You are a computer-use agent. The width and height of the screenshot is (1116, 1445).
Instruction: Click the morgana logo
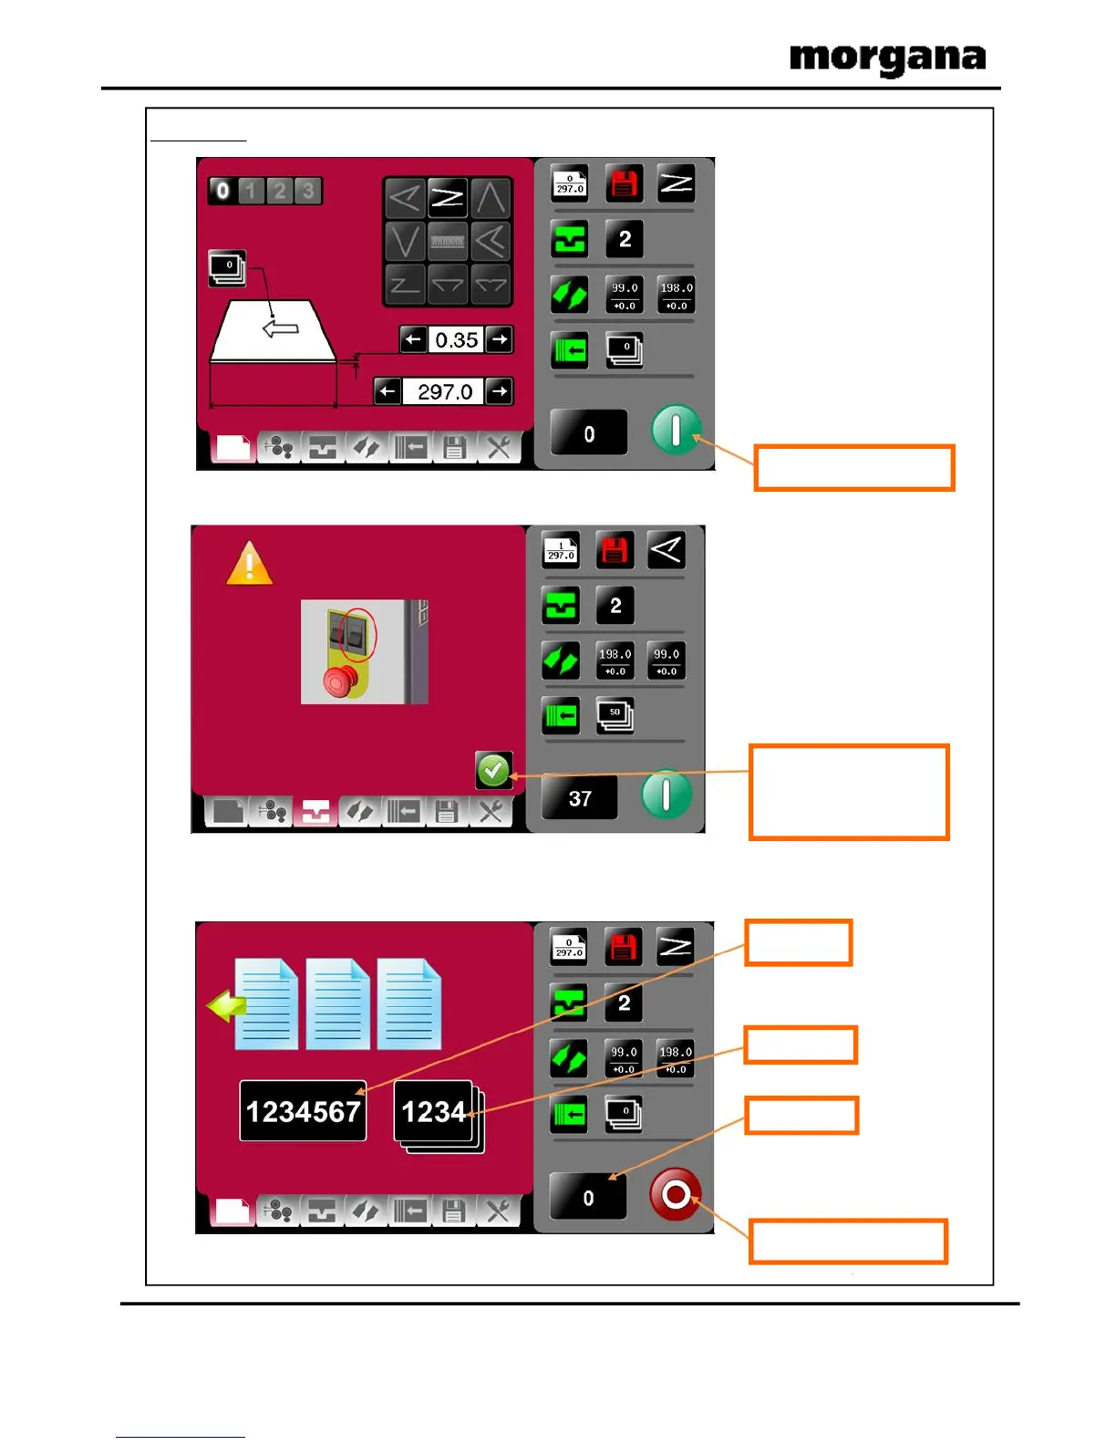[x=887, y=59]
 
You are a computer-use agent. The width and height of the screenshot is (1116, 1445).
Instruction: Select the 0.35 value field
[x=456, y=340]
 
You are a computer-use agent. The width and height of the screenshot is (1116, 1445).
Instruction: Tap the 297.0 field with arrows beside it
[x=444, y=392]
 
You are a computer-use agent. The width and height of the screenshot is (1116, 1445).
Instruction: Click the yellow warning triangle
[x=249, y=564]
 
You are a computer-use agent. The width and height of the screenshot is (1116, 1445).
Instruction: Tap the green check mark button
[x=493, y=771]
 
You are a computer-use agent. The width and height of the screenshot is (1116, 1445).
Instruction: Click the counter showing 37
[x=580, y=798]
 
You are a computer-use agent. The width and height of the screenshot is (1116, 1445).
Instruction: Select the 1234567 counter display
[x=303, y=1111]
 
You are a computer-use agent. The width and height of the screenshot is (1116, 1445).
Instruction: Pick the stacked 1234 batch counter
[x=435, y=1112]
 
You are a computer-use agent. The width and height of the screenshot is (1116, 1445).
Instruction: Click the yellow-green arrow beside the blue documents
[x=226, y=1007]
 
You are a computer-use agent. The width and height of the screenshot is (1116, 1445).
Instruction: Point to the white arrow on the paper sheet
[x=281, y=327]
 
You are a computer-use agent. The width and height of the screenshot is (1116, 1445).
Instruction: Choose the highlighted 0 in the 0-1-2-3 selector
[x=222, y=191]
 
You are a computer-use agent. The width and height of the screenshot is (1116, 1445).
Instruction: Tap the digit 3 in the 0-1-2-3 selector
[x=308, y=191]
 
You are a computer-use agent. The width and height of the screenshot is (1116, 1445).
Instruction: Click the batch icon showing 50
[x=615, y=714]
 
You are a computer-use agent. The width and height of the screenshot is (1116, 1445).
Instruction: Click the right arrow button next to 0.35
[x=499, y=339]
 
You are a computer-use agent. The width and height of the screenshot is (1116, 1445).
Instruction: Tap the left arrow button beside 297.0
[x=387, y=392]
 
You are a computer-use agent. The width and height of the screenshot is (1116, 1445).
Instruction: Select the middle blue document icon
[x=337, y=1003]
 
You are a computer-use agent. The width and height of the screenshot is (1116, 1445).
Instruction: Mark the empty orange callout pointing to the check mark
[x=849, y=792]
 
